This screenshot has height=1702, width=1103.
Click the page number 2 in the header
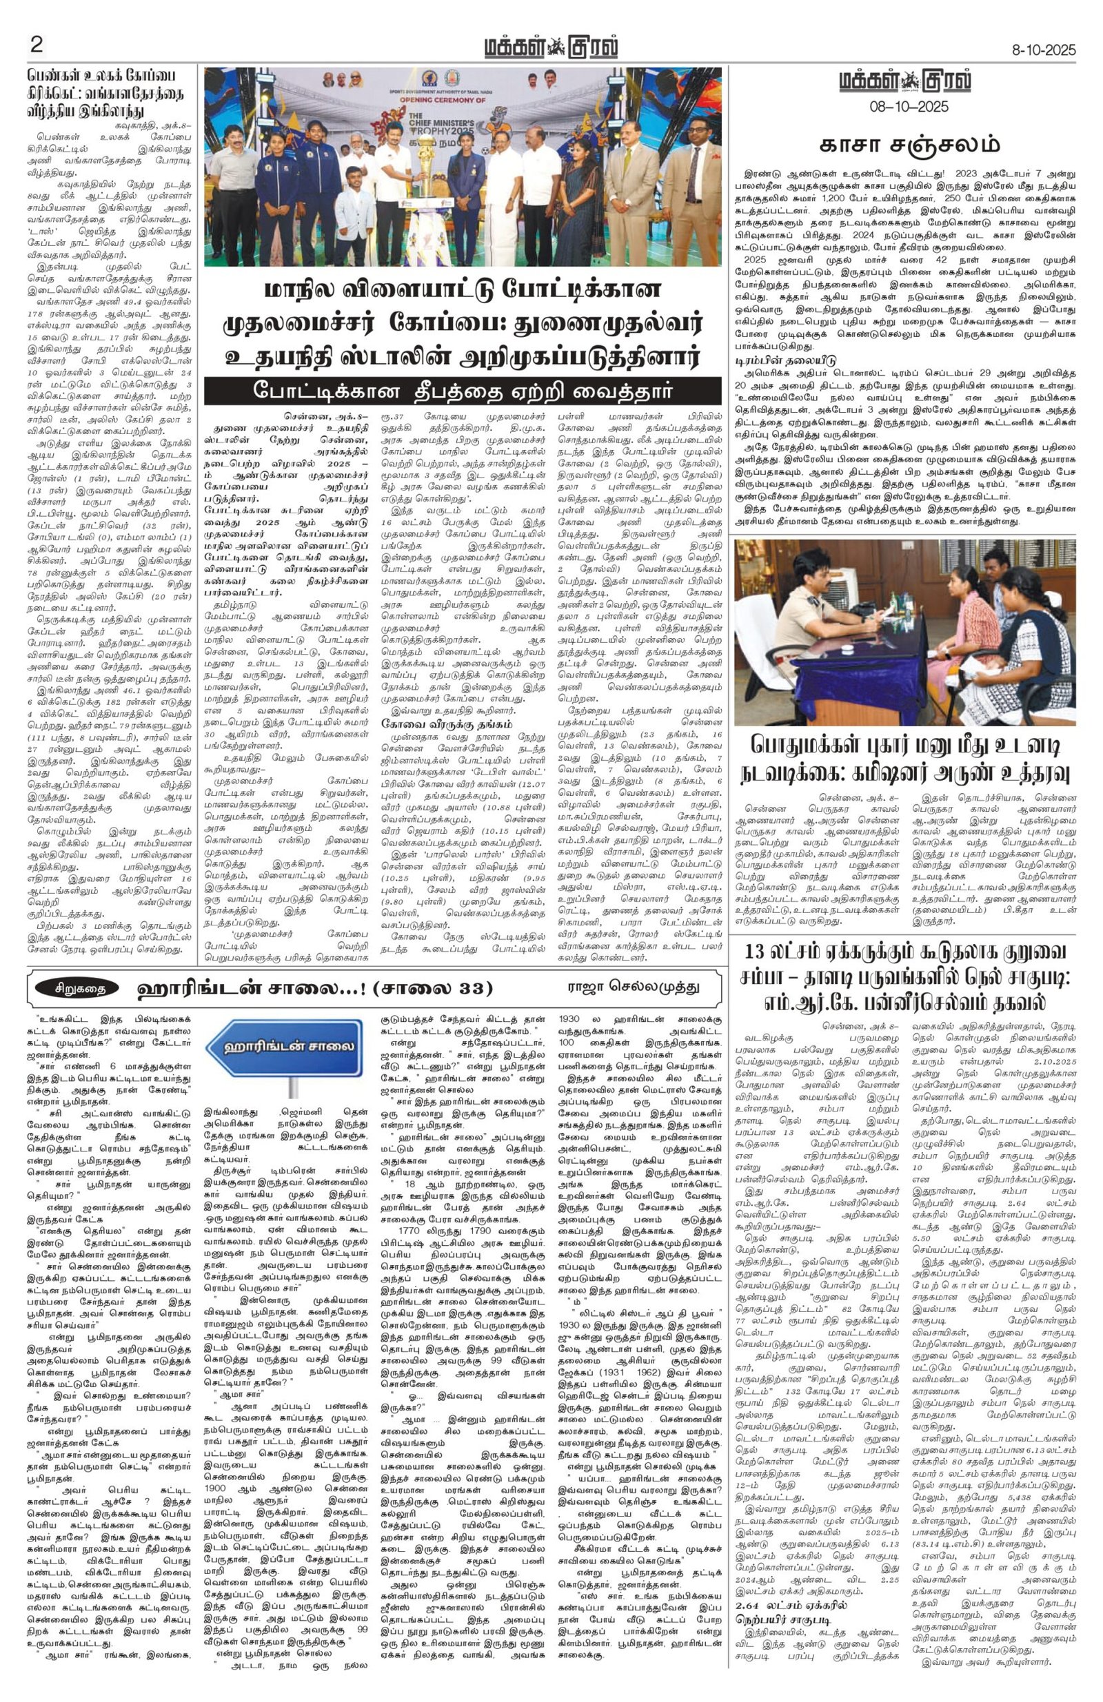click(37, 45)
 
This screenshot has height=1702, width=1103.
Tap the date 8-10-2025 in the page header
click(1043, 51)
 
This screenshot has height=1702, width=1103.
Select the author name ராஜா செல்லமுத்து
click(629, 987)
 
